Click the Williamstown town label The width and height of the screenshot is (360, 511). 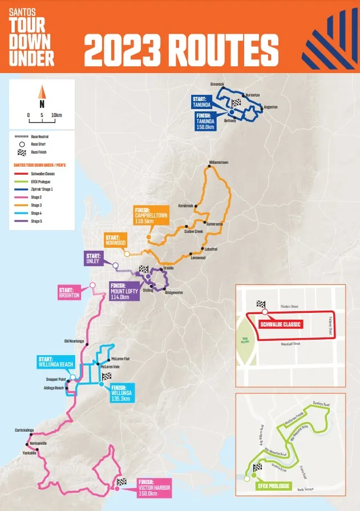[219, 163]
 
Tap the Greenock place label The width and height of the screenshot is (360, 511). [217, 84]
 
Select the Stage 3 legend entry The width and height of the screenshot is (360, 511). [37, 204]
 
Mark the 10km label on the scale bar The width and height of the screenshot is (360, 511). [56, 115]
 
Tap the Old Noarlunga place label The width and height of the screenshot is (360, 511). [74, 341]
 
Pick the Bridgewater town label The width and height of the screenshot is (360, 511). [173, 292]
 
